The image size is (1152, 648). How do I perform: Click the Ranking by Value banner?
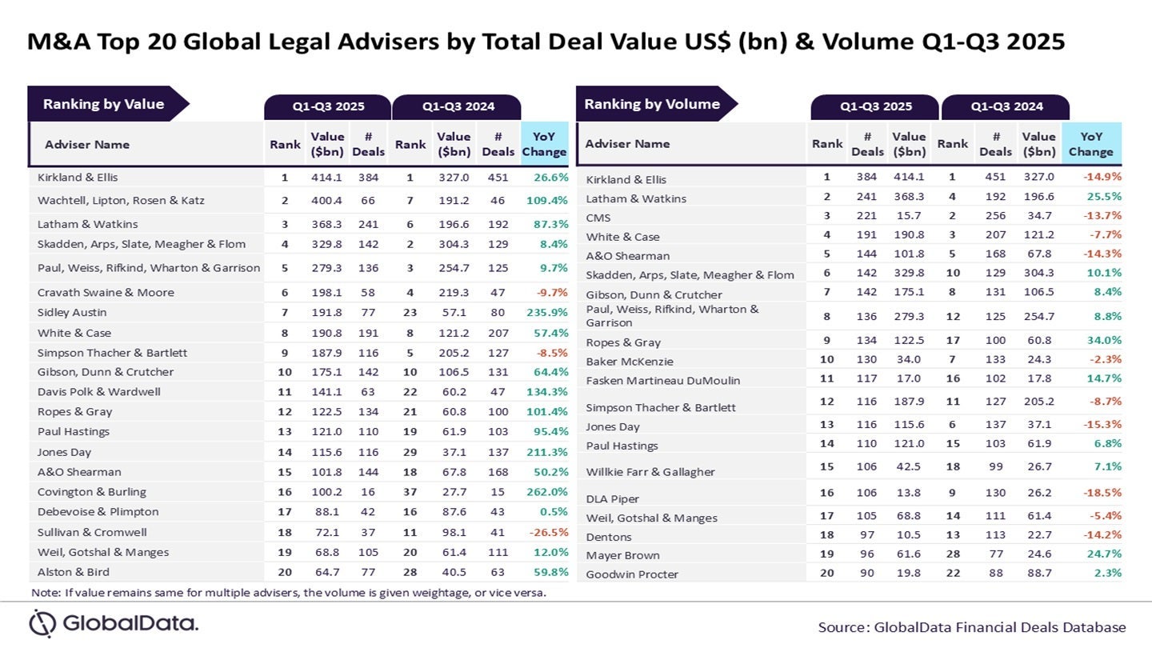click(x=103, y=104)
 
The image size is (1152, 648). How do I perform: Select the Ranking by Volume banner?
click(x=652, y=104)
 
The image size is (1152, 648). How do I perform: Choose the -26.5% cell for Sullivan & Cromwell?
click(x=546, y=532)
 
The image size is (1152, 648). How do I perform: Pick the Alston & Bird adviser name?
click(x=74, y=572)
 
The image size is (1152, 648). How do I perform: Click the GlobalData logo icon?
click(x=42, y=623)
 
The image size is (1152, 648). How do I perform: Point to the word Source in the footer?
click(x=842, y=627)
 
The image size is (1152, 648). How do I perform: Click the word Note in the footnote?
click(x=45, y=593)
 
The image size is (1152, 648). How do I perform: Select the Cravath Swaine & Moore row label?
click(x=106, y=293)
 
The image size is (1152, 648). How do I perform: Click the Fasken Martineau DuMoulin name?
click(x=651, y=381)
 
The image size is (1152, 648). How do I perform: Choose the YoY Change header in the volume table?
click(x=1090, y=144)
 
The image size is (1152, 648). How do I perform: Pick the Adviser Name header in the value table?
click(x=86, y=145)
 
